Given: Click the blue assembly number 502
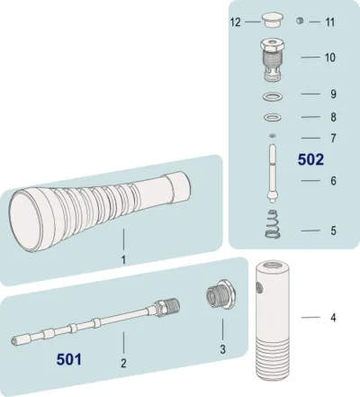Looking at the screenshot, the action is (310, 159).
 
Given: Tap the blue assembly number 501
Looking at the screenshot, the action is (69, 359).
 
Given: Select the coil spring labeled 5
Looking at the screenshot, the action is (273, 224).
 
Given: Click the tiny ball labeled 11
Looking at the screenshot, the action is (300, 21).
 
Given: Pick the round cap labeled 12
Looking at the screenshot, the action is (272, 21).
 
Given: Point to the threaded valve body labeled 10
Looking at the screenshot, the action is (273, 59).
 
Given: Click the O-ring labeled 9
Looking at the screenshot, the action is (273, 97).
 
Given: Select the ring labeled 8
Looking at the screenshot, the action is (273, 117).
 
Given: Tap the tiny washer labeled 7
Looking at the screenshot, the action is (273, 136).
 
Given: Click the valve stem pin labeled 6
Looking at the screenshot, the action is (273, 173).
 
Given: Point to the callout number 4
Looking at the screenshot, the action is (333, 318).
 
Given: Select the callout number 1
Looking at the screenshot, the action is (123, 260).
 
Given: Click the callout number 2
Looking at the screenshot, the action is (123, 363).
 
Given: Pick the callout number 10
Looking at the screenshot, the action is (330, 58).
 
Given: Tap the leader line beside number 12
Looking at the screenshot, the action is (252, 22).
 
